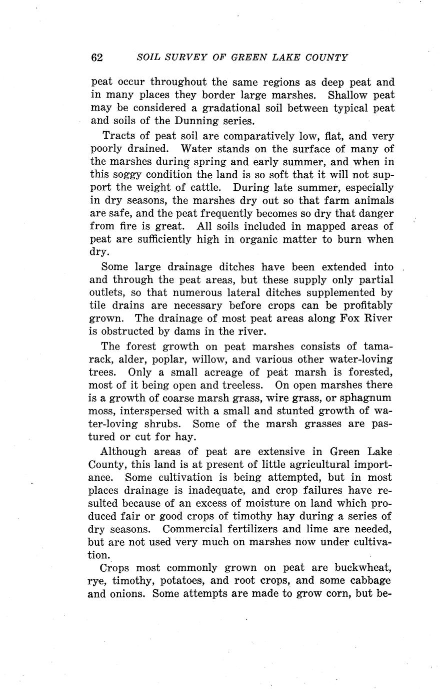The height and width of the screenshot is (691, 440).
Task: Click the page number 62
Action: (x=97, y=57)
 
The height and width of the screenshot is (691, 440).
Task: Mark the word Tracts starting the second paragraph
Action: (x=118, y=136)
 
